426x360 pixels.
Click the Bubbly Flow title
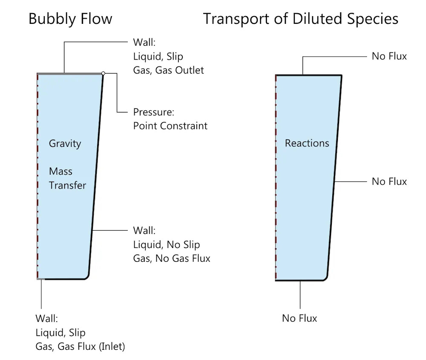tap(70, 19)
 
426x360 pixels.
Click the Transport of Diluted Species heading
tap(300, 19)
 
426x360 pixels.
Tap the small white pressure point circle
tap(103, 73)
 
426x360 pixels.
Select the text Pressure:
tap(154, 112)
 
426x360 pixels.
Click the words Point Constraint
tap(170, 126)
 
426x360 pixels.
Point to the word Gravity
tap(65, 143)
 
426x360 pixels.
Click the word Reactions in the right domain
tap(307, 143)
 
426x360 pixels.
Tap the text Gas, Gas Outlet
tap(168, 70)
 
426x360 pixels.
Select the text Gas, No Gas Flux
tap(172, 258)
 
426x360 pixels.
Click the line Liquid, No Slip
tap(166, 245)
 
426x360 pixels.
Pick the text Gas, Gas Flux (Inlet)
tap(80, 346)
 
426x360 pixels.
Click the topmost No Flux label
tap(389, 56)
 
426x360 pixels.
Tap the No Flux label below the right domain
tap(299, 318)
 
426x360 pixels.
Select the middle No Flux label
tap(389, 182)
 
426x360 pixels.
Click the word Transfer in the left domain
tap(67, 186)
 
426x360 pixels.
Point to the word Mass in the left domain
tap(60, 171)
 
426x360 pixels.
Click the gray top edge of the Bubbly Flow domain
tap(70, 74)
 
